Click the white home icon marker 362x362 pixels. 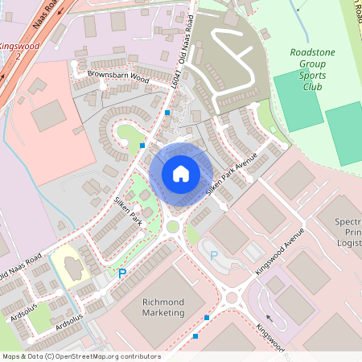pos(181,173)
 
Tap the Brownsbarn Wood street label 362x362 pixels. pos(118,77)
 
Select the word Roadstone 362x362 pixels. pos(313,53)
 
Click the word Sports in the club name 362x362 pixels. pos(313,76)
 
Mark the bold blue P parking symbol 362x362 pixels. pos(123,274)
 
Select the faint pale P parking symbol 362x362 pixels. pos(214,255)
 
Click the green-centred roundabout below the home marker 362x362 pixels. pos(172,227)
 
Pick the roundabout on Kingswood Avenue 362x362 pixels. pos(232,298)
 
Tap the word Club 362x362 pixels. pos(313,88)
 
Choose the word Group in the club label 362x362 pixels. pos(313,65)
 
